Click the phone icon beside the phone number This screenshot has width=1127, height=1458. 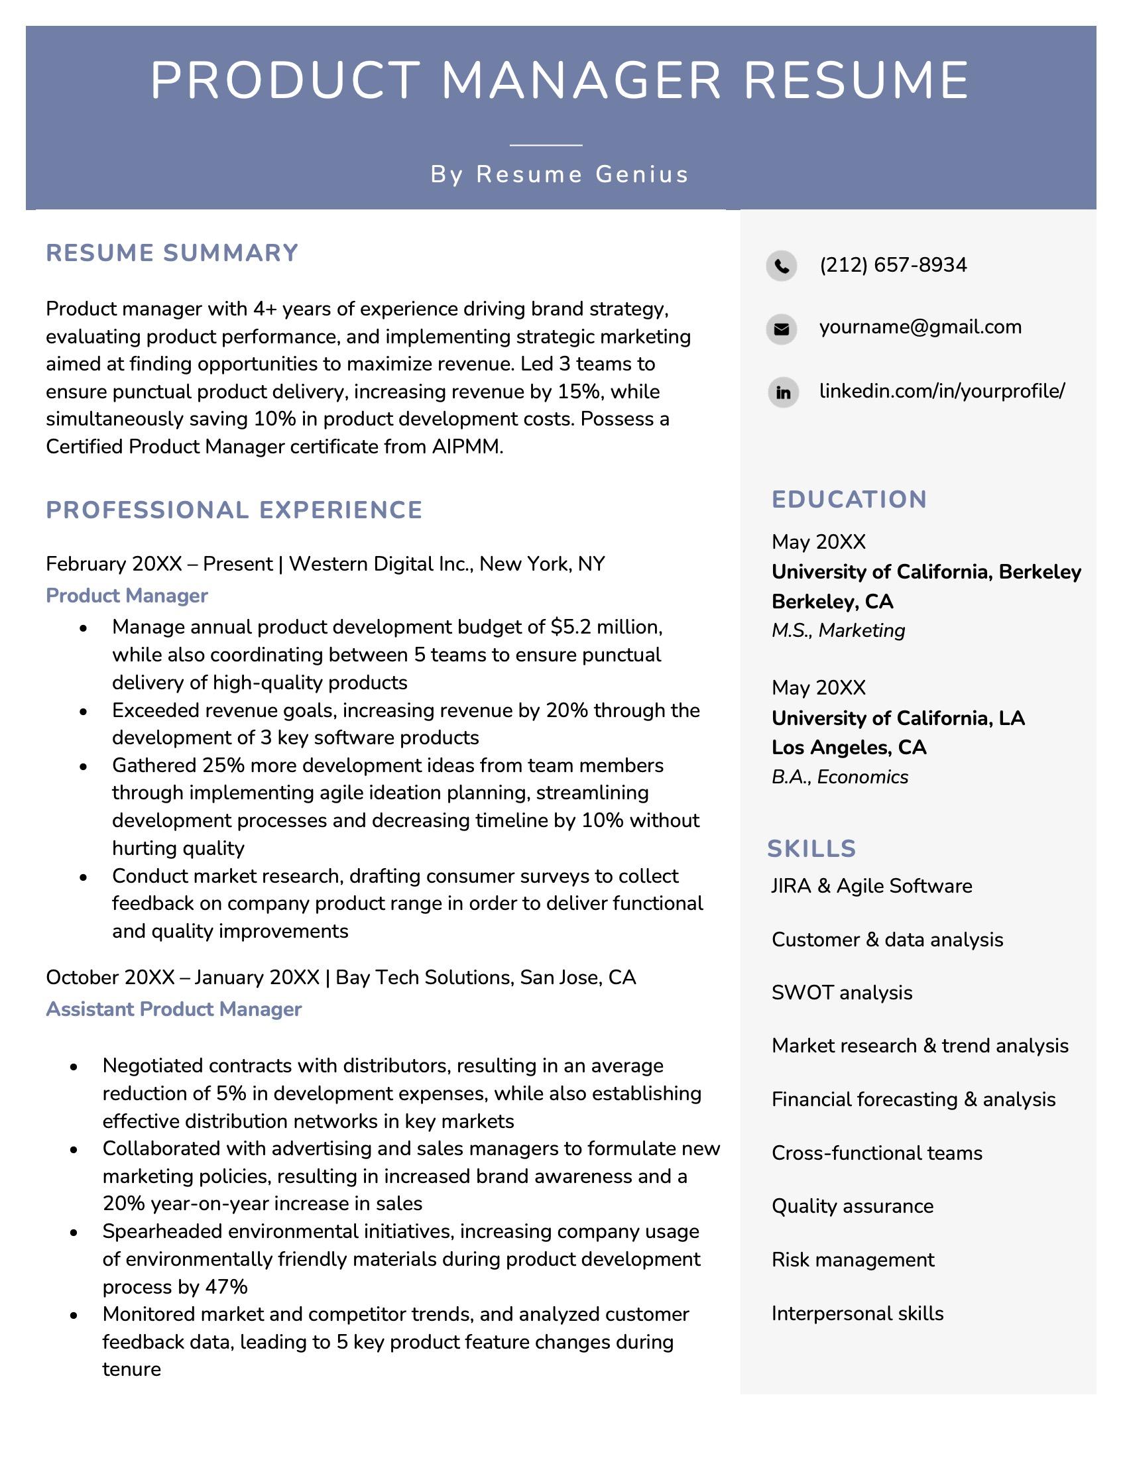(781, 266)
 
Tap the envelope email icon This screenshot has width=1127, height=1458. (781, 329)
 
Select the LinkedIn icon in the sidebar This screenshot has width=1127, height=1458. (783, 392)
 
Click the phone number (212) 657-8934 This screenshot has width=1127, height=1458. (893, 265)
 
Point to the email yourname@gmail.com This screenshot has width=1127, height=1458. (920, 327)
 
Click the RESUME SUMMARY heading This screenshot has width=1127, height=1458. (172, 253)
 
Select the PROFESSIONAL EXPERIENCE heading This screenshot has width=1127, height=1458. (234, 510)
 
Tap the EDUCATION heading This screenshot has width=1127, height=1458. (849, 499)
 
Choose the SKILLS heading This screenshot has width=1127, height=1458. (811, 848)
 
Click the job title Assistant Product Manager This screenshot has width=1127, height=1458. (174, 1009)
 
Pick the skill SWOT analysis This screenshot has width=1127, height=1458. (841, 993)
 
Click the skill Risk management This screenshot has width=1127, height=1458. (853, 1260)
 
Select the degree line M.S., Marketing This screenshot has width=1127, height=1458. (838, 630)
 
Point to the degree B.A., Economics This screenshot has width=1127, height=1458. (839, 777)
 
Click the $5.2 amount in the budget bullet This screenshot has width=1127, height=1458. (571, 627)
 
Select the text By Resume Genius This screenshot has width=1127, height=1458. (560, 174)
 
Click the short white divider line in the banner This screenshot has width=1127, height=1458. (546, 144)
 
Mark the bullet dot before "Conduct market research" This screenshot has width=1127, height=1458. (83, 877)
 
